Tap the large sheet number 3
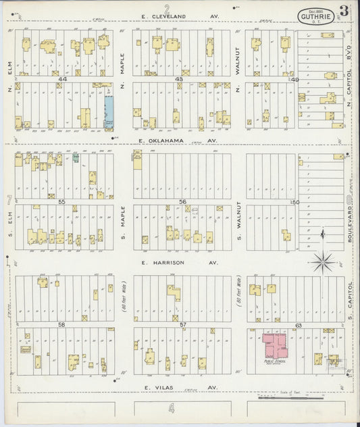(x=344, y=11)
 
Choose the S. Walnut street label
(x=238, y=223)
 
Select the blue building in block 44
(x=109, y=111)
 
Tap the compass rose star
(x=324, y=260)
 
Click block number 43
(x=179, y=79)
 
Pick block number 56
(x=182, y=201)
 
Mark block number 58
(x=61, y=324)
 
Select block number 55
(x=61, y=201)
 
